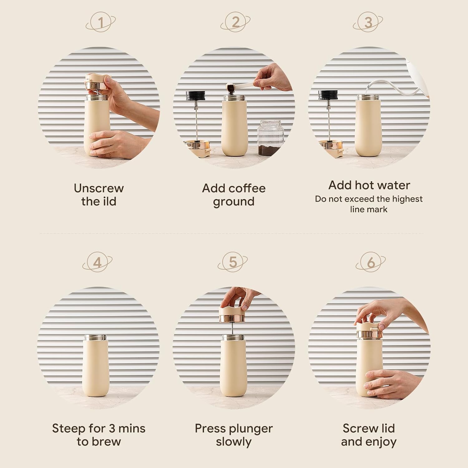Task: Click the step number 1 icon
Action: [100, 22]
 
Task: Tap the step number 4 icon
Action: [97, 263]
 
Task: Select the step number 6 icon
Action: [370, 263]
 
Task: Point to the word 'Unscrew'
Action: [99, 188]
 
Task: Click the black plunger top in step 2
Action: [195, 95]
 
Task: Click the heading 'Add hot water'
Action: [369, 185]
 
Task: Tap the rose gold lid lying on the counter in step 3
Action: [330, 147]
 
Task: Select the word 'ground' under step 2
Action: [234, 202]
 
